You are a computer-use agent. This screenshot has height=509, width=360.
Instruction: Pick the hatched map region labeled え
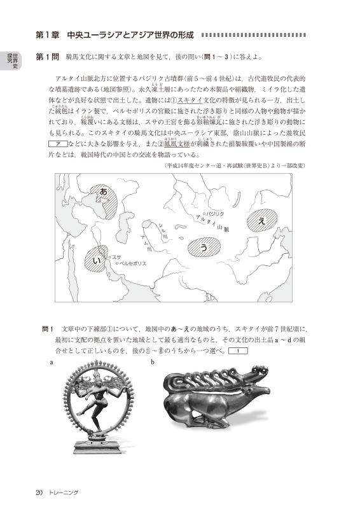tap(261, 220)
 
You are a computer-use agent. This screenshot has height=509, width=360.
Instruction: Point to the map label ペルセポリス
tap(134, 263)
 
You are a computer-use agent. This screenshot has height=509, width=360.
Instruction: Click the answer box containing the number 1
tap(237, 351)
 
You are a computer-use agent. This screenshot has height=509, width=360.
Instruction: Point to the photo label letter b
tap(153, 362)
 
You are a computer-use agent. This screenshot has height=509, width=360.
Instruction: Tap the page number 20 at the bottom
tap(39, 492)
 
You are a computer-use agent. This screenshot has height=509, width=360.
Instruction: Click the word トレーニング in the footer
tap(65, 492)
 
